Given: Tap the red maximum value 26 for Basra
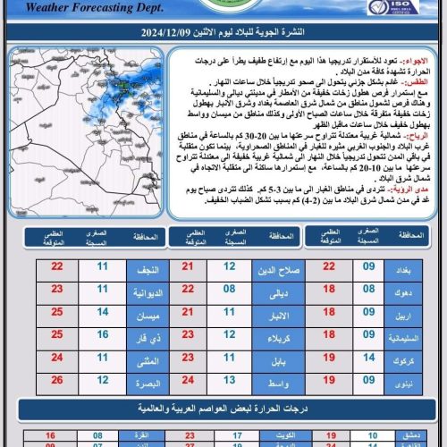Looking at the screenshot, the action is coord(57,381).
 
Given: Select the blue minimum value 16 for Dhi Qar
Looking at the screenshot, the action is coord(102,338).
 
